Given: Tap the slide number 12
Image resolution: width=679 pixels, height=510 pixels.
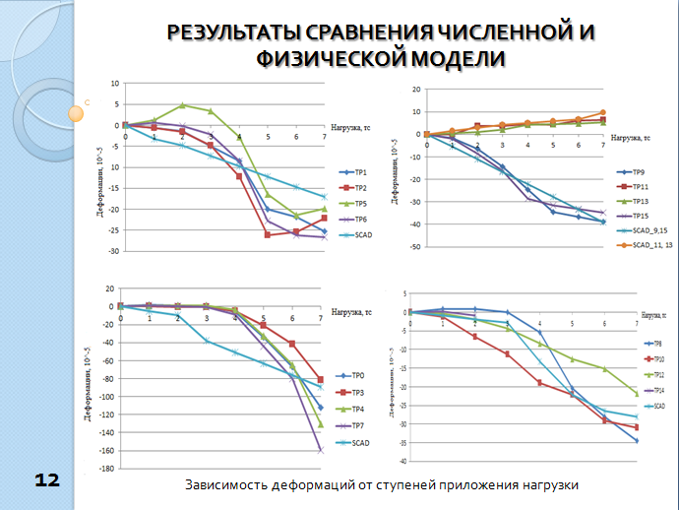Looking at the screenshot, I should click(x=46, y=479).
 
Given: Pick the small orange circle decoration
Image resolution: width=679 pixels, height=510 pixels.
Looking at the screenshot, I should click(x=75, y=112).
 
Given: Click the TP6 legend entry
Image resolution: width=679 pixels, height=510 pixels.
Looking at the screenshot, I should click(x=358, y=219).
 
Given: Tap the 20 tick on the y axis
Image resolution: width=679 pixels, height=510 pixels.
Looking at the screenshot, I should click(x=416, y=89).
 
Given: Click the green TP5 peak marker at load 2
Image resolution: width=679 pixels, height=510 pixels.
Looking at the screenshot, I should click(x=182, y=105).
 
